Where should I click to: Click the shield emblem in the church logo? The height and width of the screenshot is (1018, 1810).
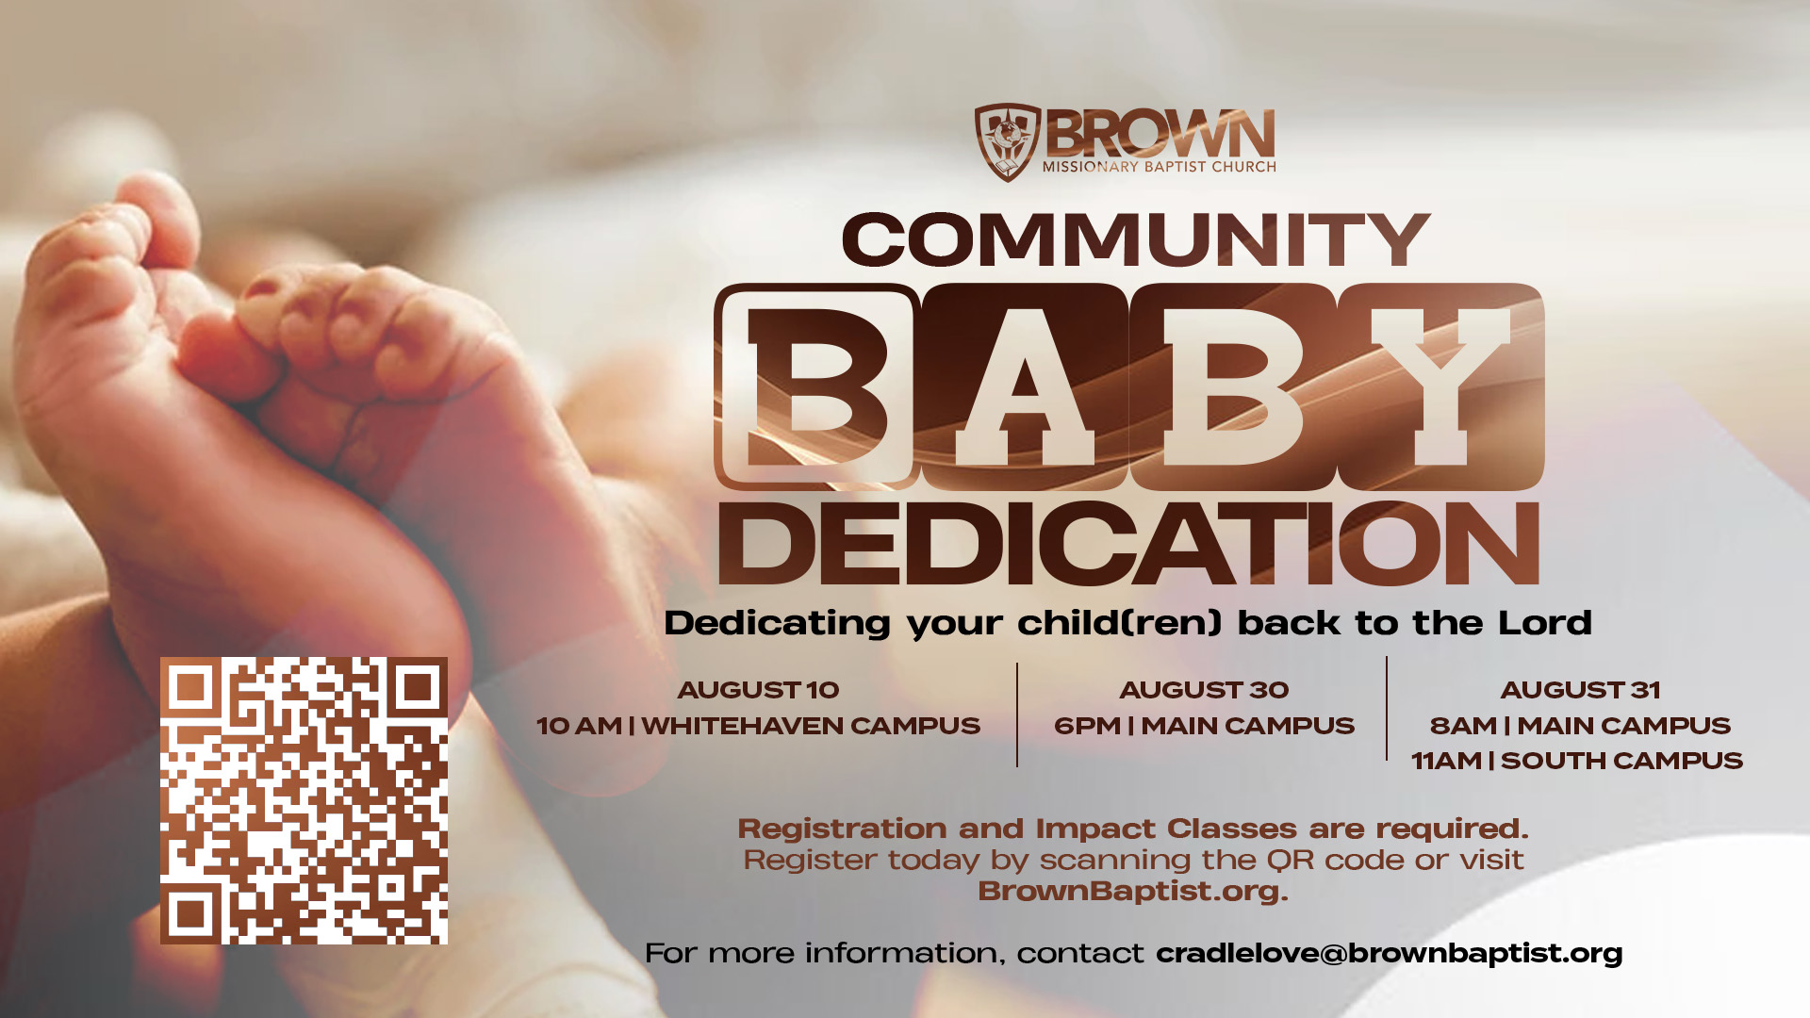(1007, 141)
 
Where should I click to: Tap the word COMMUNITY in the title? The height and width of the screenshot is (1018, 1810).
(1136, 239)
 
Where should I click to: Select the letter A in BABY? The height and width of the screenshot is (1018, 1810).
(1025, 386)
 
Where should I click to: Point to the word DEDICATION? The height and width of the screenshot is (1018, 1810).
(1129, 544)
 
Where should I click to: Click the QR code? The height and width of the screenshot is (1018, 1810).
(304, 800)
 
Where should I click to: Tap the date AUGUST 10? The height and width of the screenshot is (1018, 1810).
(758, 690)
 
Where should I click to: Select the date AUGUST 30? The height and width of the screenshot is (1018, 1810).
(1204, 690)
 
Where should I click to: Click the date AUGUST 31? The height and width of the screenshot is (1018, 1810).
(1580, 690)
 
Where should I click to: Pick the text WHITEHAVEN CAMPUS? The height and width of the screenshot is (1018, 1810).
(811, 726)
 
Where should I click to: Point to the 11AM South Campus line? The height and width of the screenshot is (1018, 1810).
(1577, 761)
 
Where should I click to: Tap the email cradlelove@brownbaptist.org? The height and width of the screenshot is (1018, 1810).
(1389, 954)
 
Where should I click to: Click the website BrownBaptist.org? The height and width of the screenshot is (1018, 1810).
(1132, 892)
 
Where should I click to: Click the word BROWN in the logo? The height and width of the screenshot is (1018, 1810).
(1160, 134)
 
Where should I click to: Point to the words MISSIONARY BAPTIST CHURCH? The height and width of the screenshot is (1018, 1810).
(1159, 167)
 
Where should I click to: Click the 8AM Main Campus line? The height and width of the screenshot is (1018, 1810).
(1580, 726)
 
